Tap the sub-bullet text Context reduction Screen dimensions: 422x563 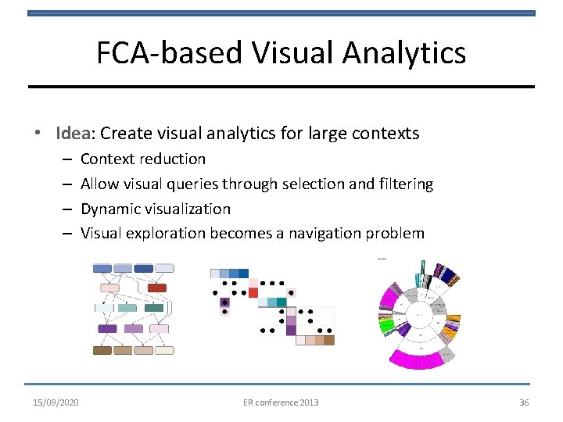click(x=143, y=159)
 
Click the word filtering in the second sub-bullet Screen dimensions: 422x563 click(x=403, y=184)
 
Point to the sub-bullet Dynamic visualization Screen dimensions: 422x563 click(x=156, y=209)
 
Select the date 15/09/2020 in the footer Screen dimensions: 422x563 click(x=56, y=402)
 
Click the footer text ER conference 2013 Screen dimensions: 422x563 click(x=281, y=402)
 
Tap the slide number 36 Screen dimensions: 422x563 click(x=524, y=402)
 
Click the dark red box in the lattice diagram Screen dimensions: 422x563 click(x=157, y=288)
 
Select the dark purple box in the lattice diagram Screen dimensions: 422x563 click(x=107, y=329)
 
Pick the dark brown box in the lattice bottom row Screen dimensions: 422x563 click(x=102, y=351)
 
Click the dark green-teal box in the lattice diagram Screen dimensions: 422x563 click(x=154, y=308)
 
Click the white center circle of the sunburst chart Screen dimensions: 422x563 click(x=421, y=314)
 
